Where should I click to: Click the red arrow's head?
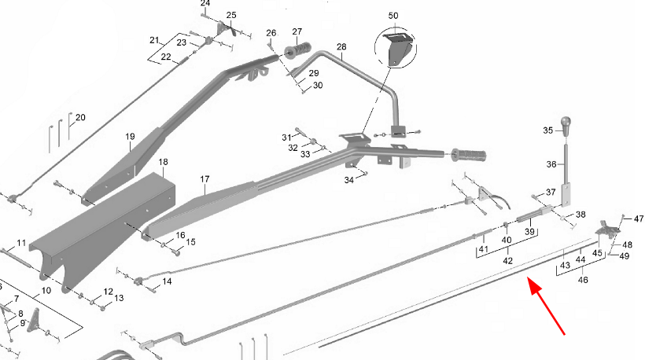(535, 286)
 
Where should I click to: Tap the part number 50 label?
(393, 16)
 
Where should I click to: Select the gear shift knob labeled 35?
(566, 123)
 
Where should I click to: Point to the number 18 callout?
(163, 162)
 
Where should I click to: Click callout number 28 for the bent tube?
(341, 47)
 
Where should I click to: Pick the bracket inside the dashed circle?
(397, 49)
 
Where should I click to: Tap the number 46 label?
(583, 280)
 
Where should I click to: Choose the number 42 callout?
(508, 261)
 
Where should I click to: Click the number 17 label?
(205, 179)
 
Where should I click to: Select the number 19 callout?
(130, 137)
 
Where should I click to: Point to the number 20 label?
(80, 118)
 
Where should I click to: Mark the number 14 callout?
(167, 281)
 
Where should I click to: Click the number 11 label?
(21, 243)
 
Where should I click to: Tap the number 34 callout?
(348, 180)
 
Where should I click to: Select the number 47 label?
(639, 219)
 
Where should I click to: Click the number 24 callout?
(205, 4)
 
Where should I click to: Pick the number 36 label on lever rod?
(551, 164)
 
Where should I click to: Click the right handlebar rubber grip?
(469, 155)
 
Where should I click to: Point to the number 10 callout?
(46, 291)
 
